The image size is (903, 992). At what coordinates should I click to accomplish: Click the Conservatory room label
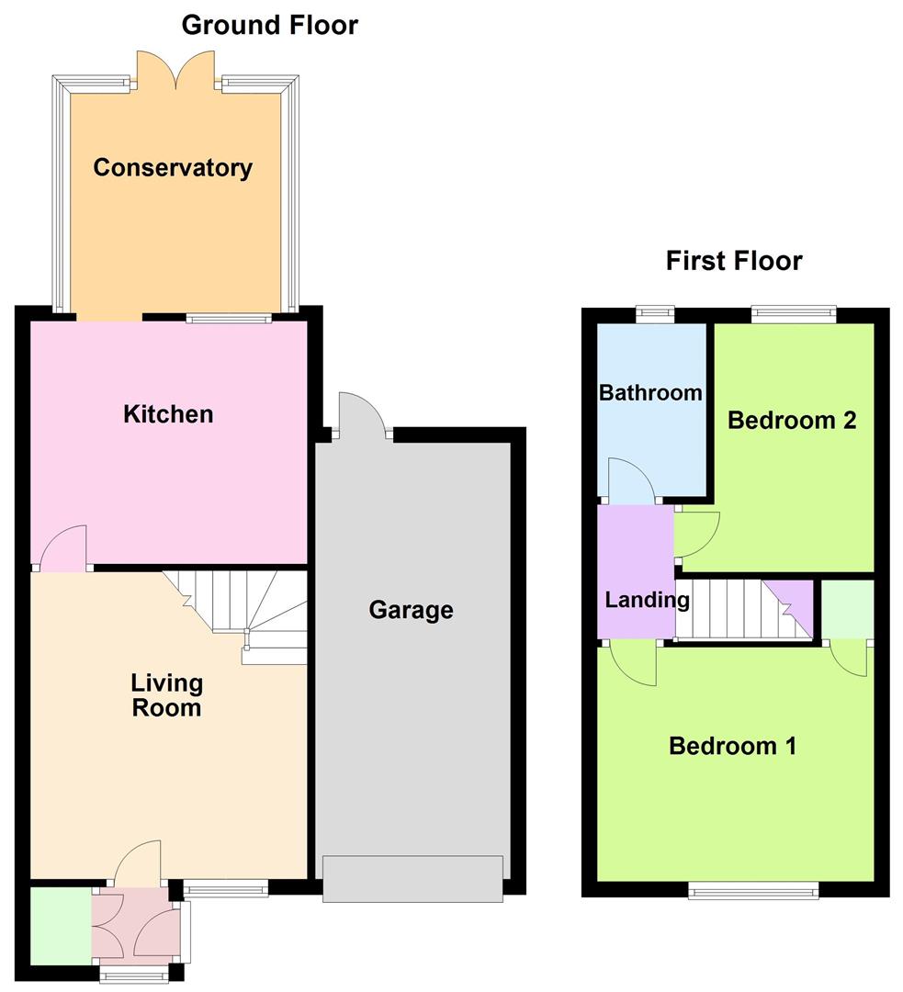(x=173, y=168)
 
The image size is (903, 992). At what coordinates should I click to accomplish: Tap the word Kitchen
(x=168, y=414)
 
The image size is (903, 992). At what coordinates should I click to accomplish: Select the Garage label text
(x=412, y=610)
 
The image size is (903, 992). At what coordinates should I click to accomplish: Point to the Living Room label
(x=167, y=695)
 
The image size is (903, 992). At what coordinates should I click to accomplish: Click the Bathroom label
(x=650, y=393)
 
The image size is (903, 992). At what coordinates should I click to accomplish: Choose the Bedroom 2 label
(x=792, y=420)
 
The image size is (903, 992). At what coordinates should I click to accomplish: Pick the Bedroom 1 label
(x=733, y=746)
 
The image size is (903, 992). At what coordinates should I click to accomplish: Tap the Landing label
(x=648, y=600)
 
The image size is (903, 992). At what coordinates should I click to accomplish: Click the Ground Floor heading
(x=270, y=26)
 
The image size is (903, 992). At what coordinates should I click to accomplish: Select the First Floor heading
(x=734, y=261)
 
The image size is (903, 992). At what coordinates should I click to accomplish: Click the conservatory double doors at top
(x=176, y=70)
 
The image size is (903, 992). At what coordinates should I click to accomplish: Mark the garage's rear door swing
(x=362, y=414)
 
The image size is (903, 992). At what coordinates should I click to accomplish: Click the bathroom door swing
(x=631, y=480)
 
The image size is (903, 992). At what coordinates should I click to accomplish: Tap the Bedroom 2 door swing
(x=696, y=535)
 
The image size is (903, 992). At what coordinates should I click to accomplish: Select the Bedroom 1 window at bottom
(x=753, y=891)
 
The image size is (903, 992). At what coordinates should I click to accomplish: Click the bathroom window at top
(x=655, y=314)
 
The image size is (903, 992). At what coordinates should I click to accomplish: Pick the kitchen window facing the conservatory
(x=229, y=318)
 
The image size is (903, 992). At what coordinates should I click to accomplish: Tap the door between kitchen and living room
(x=63, y=547)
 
